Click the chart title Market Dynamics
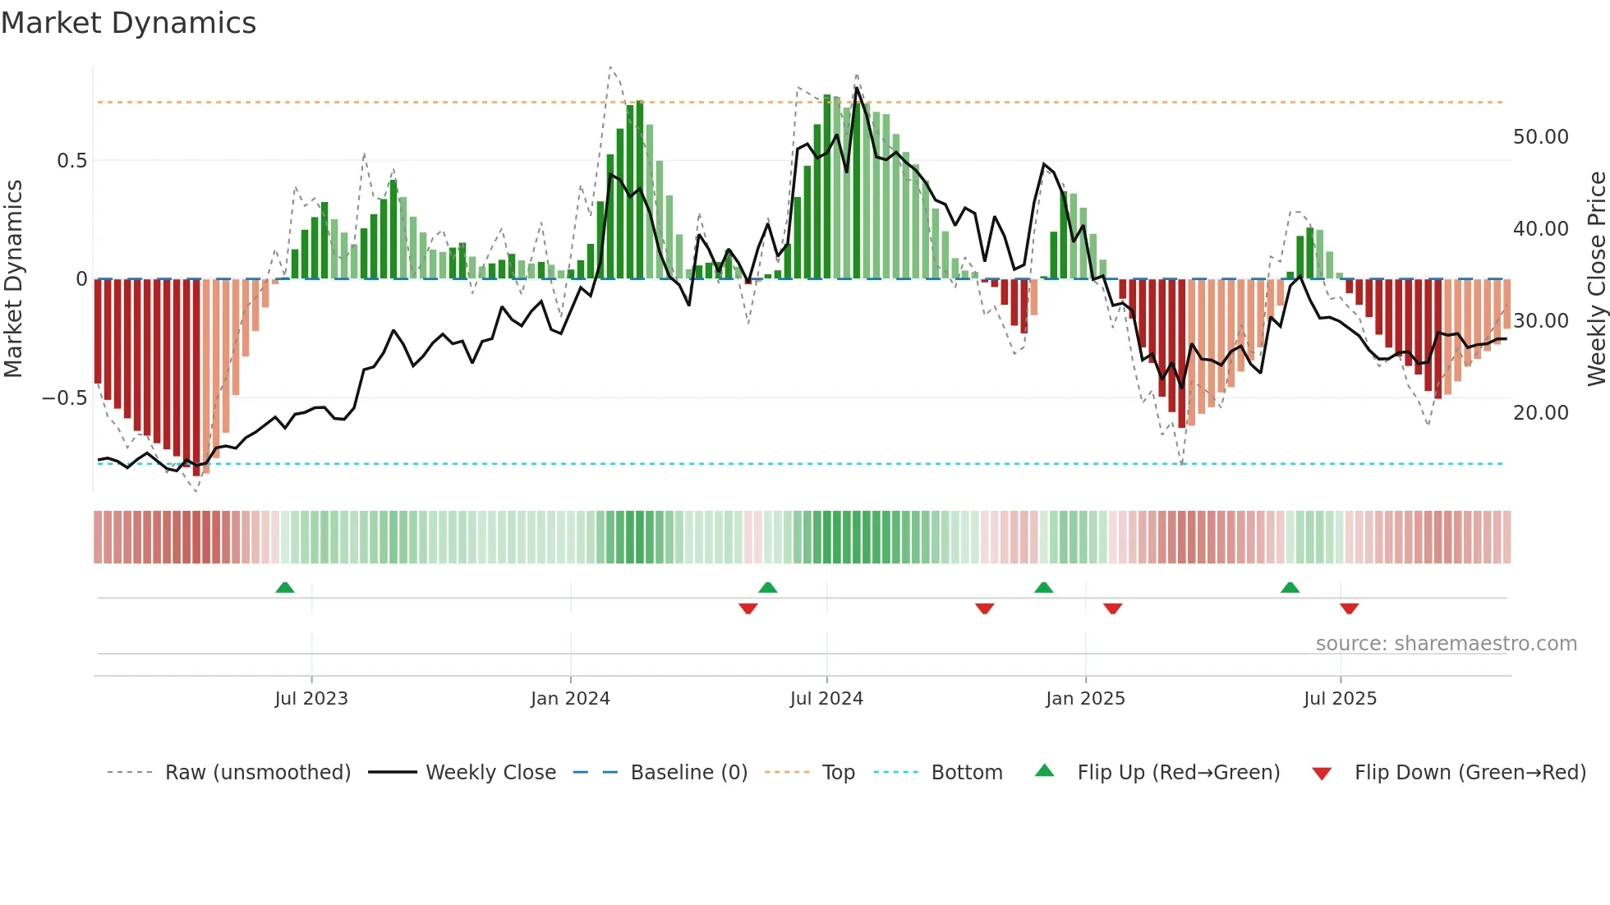[128, 23]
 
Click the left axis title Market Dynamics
[14, 278]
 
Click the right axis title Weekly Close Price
[1596, 278]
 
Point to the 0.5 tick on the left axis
[71, 161]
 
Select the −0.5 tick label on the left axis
[65, 398]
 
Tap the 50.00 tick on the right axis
[1540, 137]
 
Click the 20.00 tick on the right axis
[1540, 413]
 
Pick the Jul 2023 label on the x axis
[311, 699]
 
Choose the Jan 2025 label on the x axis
[1085, 699]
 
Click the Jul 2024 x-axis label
[826, 699]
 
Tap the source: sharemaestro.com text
[1446, 644]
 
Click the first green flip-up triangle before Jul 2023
[285, 588]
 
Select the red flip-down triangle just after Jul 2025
[1349, 609]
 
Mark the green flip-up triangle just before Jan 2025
[1043, 588]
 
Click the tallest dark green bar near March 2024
[640, 189]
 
